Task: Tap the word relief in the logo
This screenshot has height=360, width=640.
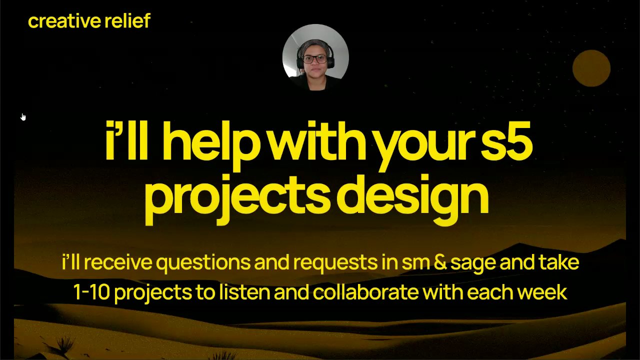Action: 127,20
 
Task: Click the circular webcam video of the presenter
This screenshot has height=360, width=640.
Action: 315,57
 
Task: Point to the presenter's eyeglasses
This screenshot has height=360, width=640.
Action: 315,59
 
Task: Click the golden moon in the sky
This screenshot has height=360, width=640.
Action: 591,68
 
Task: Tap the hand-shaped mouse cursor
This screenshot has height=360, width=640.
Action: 23,117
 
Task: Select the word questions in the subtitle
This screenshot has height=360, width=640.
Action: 203,262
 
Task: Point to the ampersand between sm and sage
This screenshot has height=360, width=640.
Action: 440,262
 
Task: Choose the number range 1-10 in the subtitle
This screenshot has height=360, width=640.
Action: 91,292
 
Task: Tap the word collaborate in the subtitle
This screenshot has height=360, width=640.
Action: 365,291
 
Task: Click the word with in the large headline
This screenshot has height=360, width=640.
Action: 317,140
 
